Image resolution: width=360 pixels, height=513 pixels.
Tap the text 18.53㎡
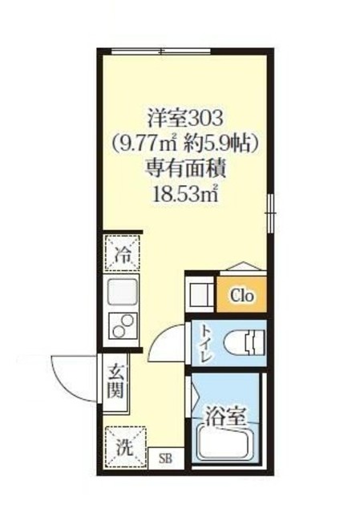[x=186, y=192]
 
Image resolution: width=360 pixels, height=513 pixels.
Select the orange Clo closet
[x=241, y=295]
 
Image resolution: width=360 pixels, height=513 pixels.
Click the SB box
[x=165, y=458]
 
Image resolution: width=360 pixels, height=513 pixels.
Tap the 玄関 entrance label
[x=117, y=384]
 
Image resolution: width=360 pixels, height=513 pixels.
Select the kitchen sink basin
[x=121, y=293]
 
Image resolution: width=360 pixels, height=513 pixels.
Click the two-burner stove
[x=122, y=325]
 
